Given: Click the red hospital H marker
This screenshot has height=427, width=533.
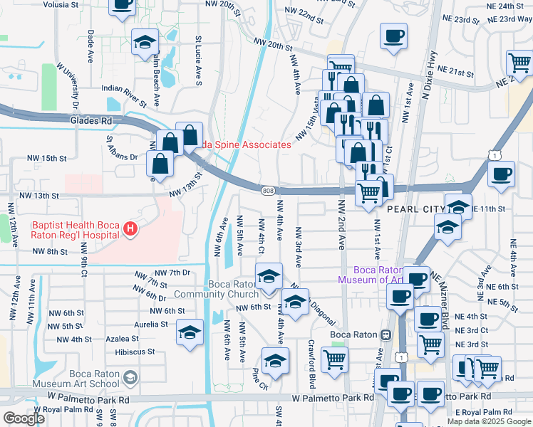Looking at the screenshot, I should (x=130, y=228).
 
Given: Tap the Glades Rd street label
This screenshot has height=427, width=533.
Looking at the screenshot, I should (x=91, y=121).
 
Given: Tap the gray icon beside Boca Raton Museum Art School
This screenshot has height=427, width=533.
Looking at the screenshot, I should (x=129, y=377).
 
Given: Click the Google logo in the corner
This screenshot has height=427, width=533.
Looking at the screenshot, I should (x=24, y=418).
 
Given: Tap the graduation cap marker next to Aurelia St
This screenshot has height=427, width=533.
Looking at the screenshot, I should (x=190, y=334).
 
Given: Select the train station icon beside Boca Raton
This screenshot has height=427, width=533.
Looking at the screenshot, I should (x=385, y=334).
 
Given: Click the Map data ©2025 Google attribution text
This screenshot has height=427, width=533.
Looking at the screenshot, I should (x=489, y=421).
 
